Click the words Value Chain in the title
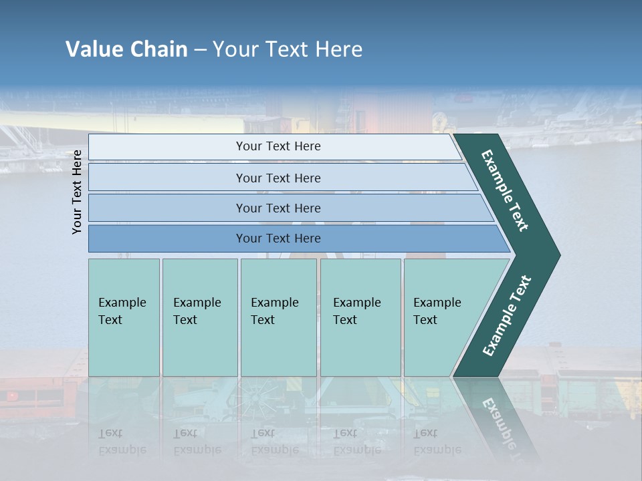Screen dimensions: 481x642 coord(126,49)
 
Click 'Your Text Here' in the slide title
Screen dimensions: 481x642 coord(288,49)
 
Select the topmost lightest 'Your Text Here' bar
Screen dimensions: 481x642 coord(278,146)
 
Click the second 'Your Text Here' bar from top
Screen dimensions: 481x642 coord(278,178)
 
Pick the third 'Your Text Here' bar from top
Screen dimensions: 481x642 coord(278,208)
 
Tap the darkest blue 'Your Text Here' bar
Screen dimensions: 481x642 coord(278,238)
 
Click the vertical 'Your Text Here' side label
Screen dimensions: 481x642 coord(77,192)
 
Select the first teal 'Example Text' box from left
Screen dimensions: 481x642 coord(124,317)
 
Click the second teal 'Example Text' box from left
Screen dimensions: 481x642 coord(199,317)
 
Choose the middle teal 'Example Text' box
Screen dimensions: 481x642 coord(278,317)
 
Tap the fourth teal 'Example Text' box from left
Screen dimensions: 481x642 coord(360,317)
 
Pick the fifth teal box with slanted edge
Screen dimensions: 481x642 coord(441,317)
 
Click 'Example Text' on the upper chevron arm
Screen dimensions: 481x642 coord(505,190)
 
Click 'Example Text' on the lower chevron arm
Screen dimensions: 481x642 coord(507,316)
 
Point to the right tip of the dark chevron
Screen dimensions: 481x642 coord(558,255)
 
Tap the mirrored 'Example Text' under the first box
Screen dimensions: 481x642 coord(122,442)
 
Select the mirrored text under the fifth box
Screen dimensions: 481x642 coord(437,442)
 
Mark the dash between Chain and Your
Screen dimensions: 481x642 coord(200,50)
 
